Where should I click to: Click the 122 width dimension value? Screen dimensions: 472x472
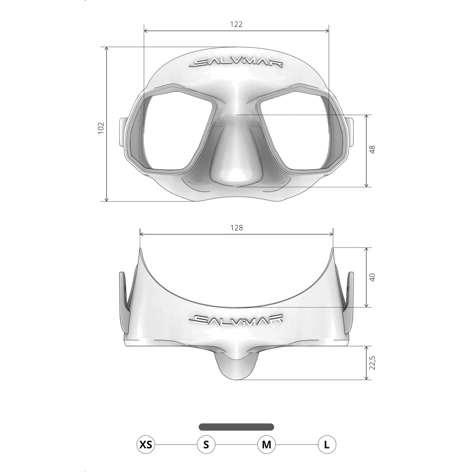(236, 24)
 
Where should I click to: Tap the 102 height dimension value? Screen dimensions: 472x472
(101, 127)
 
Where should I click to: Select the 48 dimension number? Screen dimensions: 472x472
(372, 149)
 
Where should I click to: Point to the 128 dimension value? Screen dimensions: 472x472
(237, 227)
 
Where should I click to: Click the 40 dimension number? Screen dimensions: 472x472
(372, 277)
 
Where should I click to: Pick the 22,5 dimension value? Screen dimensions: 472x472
(372, 363)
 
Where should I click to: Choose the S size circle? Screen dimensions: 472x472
(206, 445)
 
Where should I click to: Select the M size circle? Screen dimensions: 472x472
(266, 445)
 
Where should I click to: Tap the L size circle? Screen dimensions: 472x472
(326, 445)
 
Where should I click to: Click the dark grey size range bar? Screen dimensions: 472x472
(236, 427)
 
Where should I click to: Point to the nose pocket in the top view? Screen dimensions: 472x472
(236, 364)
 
